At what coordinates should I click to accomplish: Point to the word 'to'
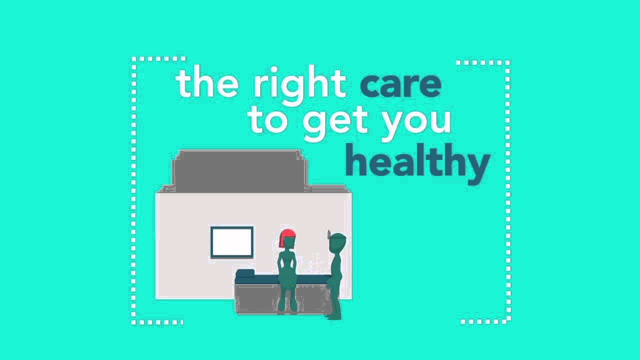[268, 121]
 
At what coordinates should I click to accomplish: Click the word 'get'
[335, 125]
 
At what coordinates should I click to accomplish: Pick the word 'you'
[417, 125]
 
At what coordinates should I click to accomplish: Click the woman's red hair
[287, 237]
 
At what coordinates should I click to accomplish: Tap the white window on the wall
[231, 242]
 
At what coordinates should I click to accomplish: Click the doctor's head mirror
[329, 234]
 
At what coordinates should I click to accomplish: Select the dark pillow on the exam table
[245, 273]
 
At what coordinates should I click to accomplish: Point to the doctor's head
[337, 243]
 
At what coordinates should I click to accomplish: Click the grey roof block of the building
[239, 171]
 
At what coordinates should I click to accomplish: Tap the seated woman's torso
[287, 264]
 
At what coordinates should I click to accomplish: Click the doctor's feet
[333, 316]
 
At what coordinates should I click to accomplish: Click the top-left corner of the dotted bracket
[133, 59]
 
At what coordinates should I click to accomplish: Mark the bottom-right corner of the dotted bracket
[508, 321]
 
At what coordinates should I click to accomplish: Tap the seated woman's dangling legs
[288, 297]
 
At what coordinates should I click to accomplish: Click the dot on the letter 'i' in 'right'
[273, 69]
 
